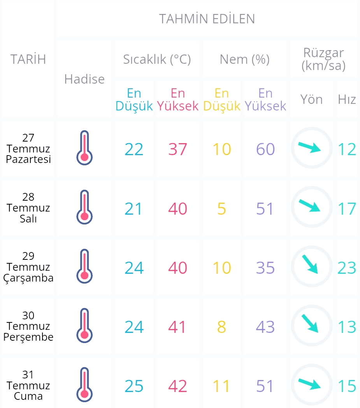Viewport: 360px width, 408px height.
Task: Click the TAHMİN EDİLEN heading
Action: pos(207,19)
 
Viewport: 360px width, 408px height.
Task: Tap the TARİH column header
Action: pos(28,59)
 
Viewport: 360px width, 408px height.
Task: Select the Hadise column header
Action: pos(84,79)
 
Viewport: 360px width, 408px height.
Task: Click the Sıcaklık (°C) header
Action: pos(157,60)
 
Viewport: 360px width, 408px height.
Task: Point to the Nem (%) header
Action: pos(245,60)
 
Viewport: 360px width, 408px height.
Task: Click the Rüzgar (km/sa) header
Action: pos(323,59)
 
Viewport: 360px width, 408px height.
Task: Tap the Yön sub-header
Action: pos(312,99)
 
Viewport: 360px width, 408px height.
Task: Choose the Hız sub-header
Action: pos(347,99)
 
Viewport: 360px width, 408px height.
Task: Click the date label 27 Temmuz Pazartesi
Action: pos(28,148)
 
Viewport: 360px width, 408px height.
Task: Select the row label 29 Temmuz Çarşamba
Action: pos(28,267)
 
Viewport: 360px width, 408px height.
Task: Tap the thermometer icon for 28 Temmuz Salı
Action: pos(84,207)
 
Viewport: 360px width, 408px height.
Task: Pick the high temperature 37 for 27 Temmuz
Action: pos(177,149)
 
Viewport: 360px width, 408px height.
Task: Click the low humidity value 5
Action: pos(221,208)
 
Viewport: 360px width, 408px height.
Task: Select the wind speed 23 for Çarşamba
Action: pos(347,268)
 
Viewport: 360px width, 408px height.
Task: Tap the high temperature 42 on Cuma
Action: pos(177,386)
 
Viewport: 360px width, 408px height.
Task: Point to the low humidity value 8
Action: pos(221,327)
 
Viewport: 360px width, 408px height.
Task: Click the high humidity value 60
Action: pos(265,149)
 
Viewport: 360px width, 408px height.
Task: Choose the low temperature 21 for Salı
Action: pos(133,208)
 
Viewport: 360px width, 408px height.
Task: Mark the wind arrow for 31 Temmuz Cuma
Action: pos(309,384)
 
